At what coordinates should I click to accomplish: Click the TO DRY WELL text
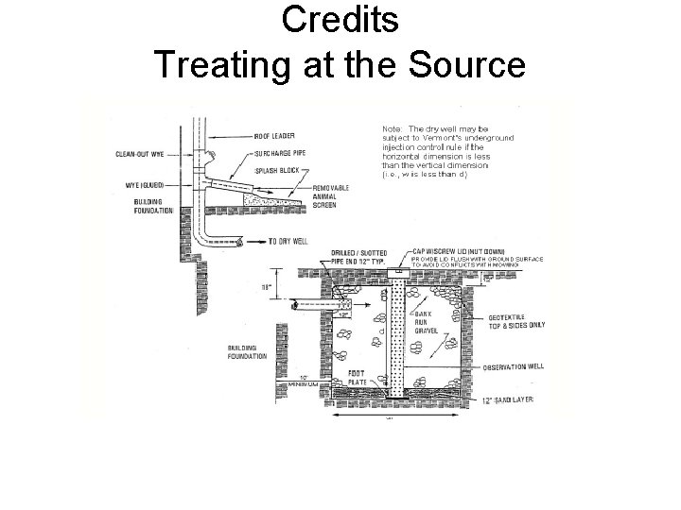pos(290,241)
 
